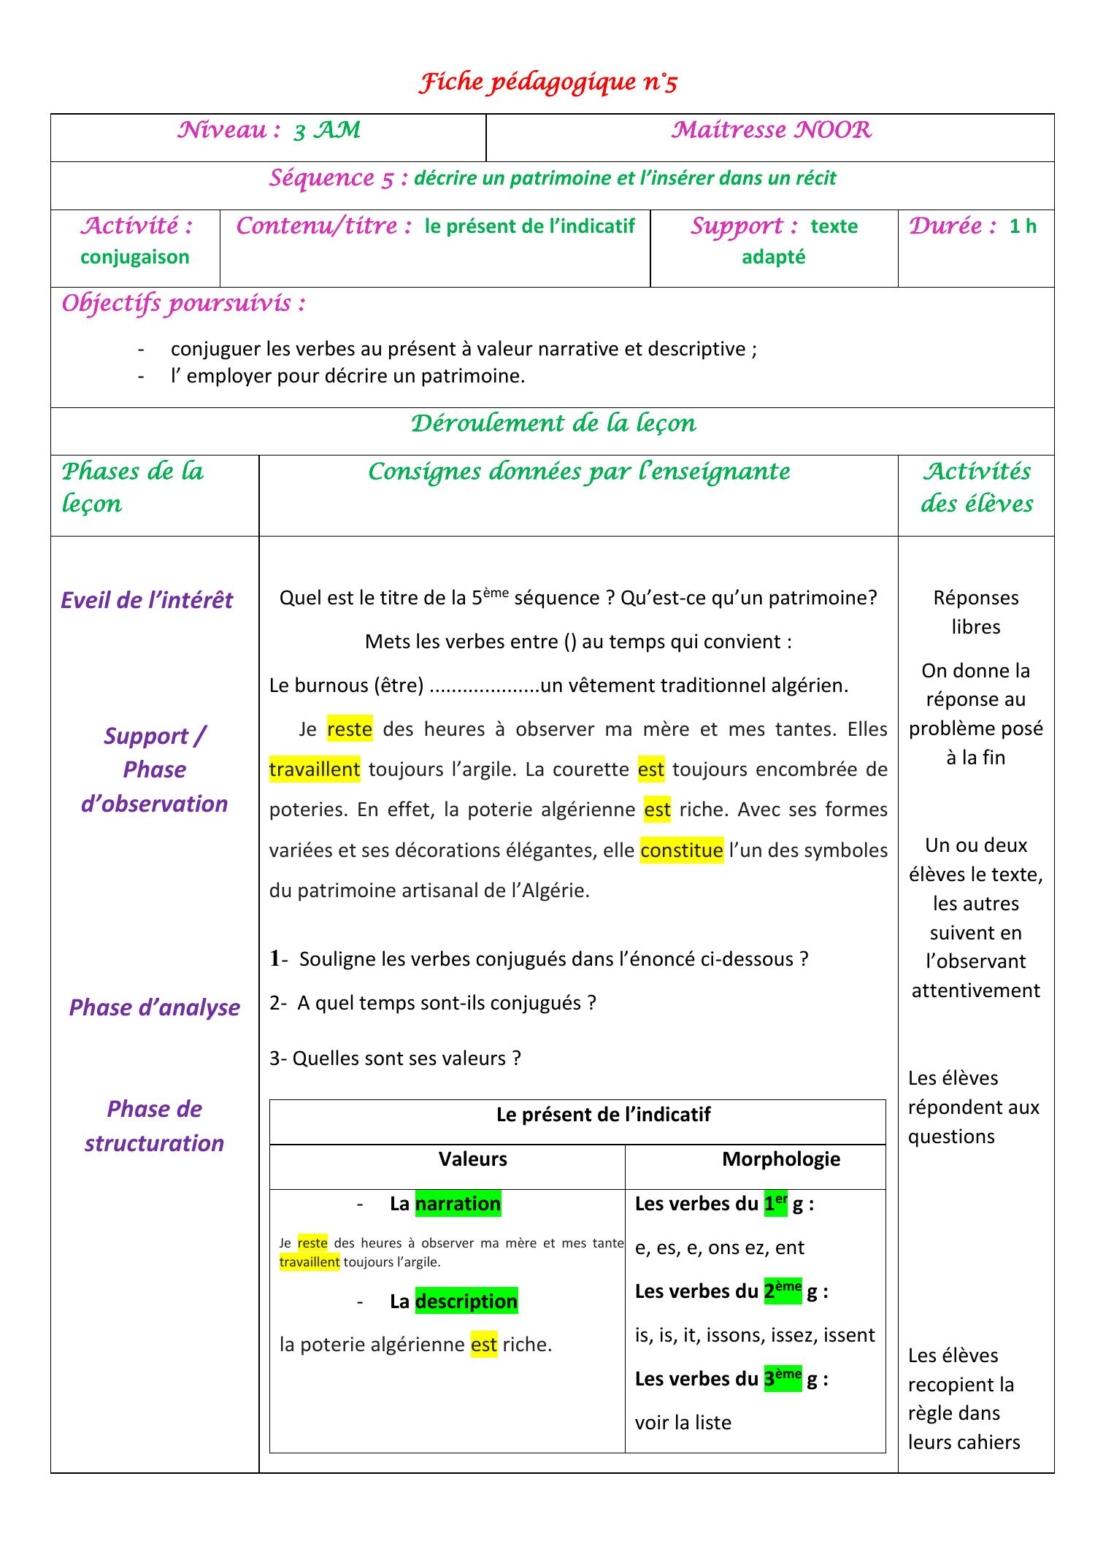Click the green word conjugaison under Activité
(x=135, y=257)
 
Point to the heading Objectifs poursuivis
(x=183, y=303)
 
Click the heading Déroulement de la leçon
(x=553, y=423)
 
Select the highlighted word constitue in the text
(x=681, y=850)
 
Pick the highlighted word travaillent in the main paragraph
(x=315, y=769)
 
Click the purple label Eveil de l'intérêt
(x=147, y=600)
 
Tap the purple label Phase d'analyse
(x=154, y=1007)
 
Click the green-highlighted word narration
(x=458, y=1204)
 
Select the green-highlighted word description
(x=466, y=1302)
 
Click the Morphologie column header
(x=780, y=1159)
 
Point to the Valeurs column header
(x=472, y=1159)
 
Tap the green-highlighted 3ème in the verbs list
(x=783, y=1378)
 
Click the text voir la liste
(x=683, y=1423)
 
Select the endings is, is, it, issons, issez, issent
(x=754, y=1335)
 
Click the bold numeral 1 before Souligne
(x=274, y=958)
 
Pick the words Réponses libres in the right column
(x=975, y=612)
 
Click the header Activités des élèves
(x=976, y=488)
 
